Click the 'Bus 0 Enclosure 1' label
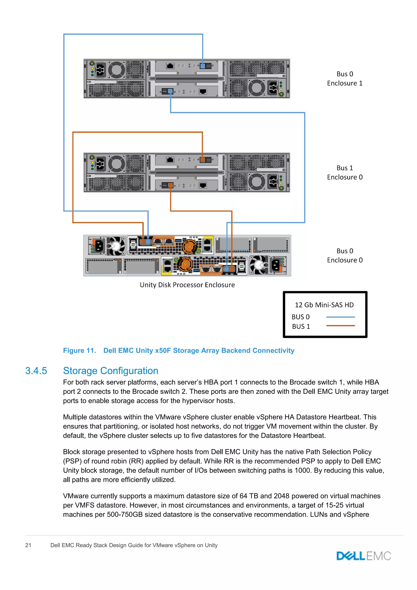(345, 79)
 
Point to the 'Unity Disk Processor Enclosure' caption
(187, 285)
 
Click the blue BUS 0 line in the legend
(340, 317)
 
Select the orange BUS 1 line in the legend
(340, 326)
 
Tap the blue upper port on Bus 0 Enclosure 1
(203, 66)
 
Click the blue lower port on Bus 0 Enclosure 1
(170, 91)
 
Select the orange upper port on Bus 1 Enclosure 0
(203, 160)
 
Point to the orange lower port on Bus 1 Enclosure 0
(170, 185)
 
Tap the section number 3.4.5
(36, 371)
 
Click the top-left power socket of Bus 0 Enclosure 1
(100, 70)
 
